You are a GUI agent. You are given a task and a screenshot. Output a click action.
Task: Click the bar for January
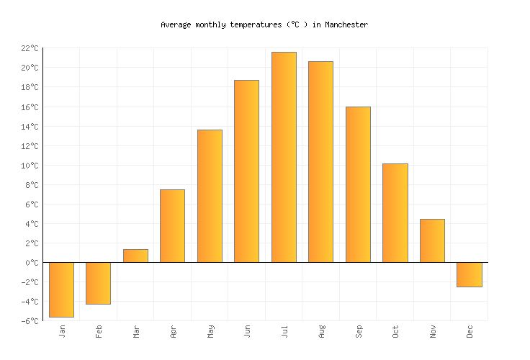61,289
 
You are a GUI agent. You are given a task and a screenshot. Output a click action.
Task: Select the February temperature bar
98,283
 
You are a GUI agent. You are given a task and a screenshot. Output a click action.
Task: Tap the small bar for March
135,256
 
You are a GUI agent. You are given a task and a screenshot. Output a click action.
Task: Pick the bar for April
172,226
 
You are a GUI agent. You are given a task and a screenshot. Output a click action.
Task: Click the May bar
210,196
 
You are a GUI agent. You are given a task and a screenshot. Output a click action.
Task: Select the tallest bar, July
284,157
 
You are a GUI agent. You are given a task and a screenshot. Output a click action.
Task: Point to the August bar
320,162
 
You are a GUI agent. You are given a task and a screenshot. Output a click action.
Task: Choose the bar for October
395,213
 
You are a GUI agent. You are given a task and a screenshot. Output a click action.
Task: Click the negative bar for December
469,274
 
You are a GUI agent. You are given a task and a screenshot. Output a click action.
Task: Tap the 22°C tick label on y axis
30,48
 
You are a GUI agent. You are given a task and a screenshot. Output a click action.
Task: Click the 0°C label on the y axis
32,263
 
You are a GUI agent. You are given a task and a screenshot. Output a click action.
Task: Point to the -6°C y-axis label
30,321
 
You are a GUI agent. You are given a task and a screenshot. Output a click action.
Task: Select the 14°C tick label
30,127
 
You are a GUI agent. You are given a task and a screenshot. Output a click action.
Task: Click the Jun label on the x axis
248,331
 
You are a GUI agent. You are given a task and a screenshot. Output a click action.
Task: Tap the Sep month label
359,331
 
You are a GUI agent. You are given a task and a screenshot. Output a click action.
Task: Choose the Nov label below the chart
433,331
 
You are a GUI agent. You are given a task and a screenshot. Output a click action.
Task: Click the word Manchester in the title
346,24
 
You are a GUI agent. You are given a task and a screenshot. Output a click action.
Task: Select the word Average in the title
176,24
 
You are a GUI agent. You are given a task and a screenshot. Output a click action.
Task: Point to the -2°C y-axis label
30,282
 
